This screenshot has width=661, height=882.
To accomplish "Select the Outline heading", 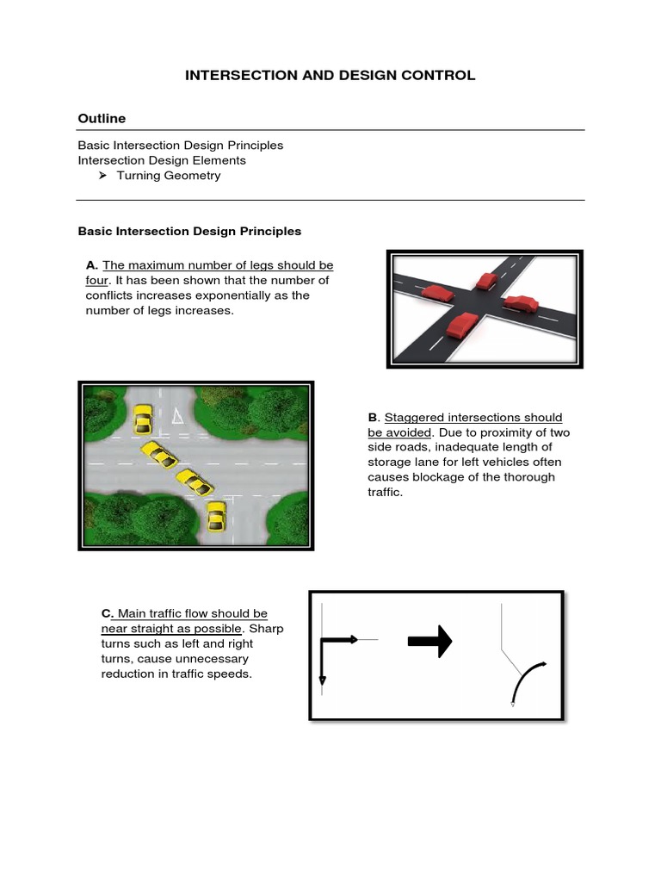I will tap(102, 118).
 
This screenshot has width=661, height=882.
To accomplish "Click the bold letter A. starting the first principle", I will tap(91, 265).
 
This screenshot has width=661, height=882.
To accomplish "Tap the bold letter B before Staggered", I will tap(372, 418).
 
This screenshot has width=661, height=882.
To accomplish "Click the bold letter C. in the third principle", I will tap(108, 614).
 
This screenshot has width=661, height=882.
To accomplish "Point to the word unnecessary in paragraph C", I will tap(191, 659).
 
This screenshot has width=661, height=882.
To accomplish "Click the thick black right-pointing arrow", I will tap(429, 640).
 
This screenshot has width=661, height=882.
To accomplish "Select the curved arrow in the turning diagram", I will tap(527, 680).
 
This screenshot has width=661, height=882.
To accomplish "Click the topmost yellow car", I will tap(143, 419).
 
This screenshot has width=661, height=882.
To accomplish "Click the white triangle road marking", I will tap(177, 417).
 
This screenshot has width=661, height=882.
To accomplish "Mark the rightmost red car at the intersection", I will tap(521, 303).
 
